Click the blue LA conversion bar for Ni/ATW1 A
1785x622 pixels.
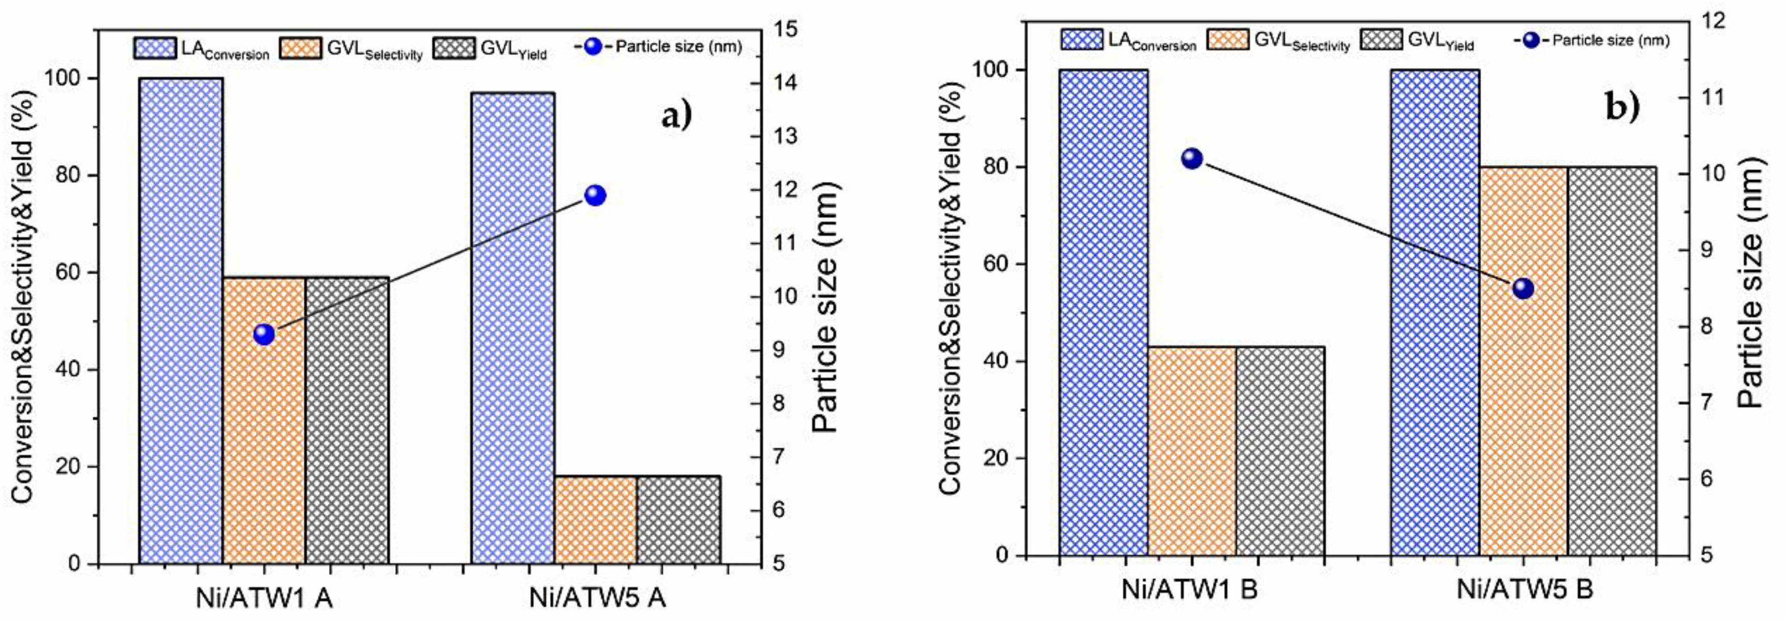181,319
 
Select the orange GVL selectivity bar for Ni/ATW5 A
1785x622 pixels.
595,519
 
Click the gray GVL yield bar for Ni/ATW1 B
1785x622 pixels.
1280,450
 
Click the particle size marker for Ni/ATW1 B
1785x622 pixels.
1192,159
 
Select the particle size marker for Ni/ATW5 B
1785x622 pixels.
1523,289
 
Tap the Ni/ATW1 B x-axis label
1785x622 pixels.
1189,590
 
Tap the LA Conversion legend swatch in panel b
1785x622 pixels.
1081,40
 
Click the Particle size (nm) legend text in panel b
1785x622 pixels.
1611,40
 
